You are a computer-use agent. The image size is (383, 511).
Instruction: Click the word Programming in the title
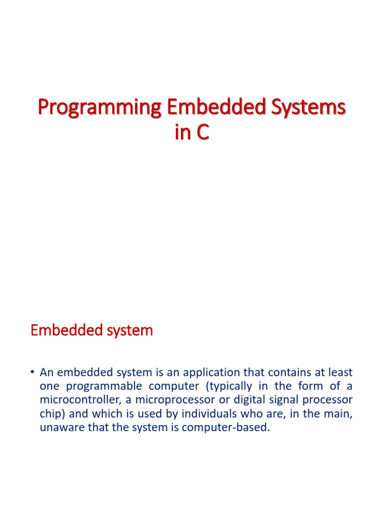coord(100,108)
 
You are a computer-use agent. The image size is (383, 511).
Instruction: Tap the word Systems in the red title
coord(308,108)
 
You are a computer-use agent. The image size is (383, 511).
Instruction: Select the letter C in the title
coord(202,132)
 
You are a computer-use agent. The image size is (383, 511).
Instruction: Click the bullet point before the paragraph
coord(32,372)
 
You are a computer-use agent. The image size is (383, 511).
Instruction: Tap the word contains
coord(290,372)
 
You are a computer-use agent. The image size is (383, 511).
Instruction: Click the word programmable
coord(104,387)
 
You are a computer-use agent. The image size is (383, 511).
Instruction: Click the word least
coord(340,372)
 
